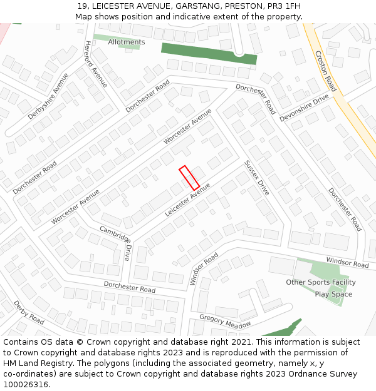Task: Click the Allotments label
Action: [126, 42]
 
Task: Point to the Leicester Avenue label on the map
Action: [187, 200]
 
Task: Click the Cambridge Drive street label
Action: [116, 243]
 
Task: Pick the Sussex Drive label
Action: [257, 178]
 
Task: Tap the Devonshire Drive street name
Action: [305, 107]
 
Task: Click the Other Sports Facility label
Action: [321, 282]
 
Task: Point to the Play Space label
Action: [333, 294]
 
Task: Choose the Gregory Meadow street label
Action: [225, 320]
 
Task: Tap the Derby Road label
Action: [29, 312]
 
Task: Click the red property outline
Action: [189, 178]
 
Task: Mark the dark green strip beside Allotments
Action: [209, 54]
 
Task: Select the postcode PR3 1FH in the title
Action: [283, 6]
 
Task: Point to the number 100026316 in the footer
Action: [25, 385]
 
